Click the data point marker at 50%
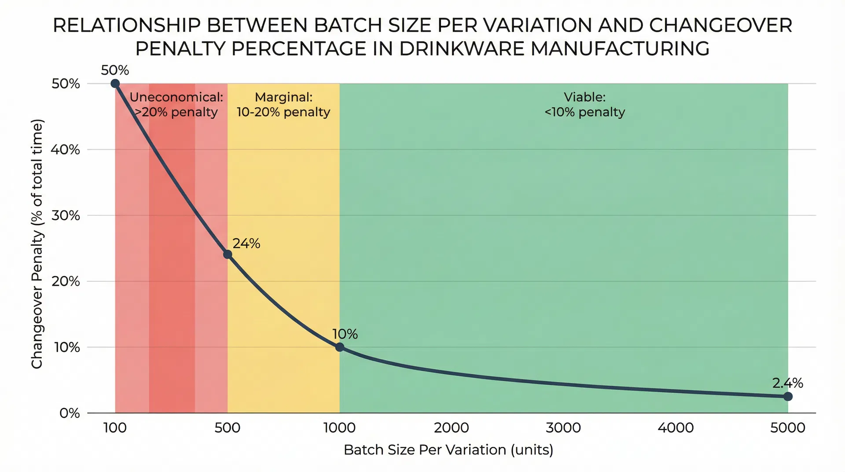pos(115,84)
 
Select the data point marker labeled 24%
pos(228,254)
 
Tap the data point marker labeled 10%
pos(339,347)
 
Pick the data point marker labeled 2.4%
pos(788,397)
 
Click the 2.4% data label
pos(787,383)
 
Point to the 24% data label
pos(246,243)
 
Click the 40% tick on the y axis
pos(65,150)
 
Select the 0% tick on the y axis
pos(70,413)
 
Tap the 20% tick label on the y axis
pos(66,281)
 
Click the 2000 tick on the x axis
pos(451,428)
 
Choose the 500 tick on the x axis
pos(227,428)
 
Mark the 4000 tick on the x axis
pos(676,428)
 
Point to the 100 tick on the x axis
pos(115,428)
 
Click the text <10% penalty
pos(584,112)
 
